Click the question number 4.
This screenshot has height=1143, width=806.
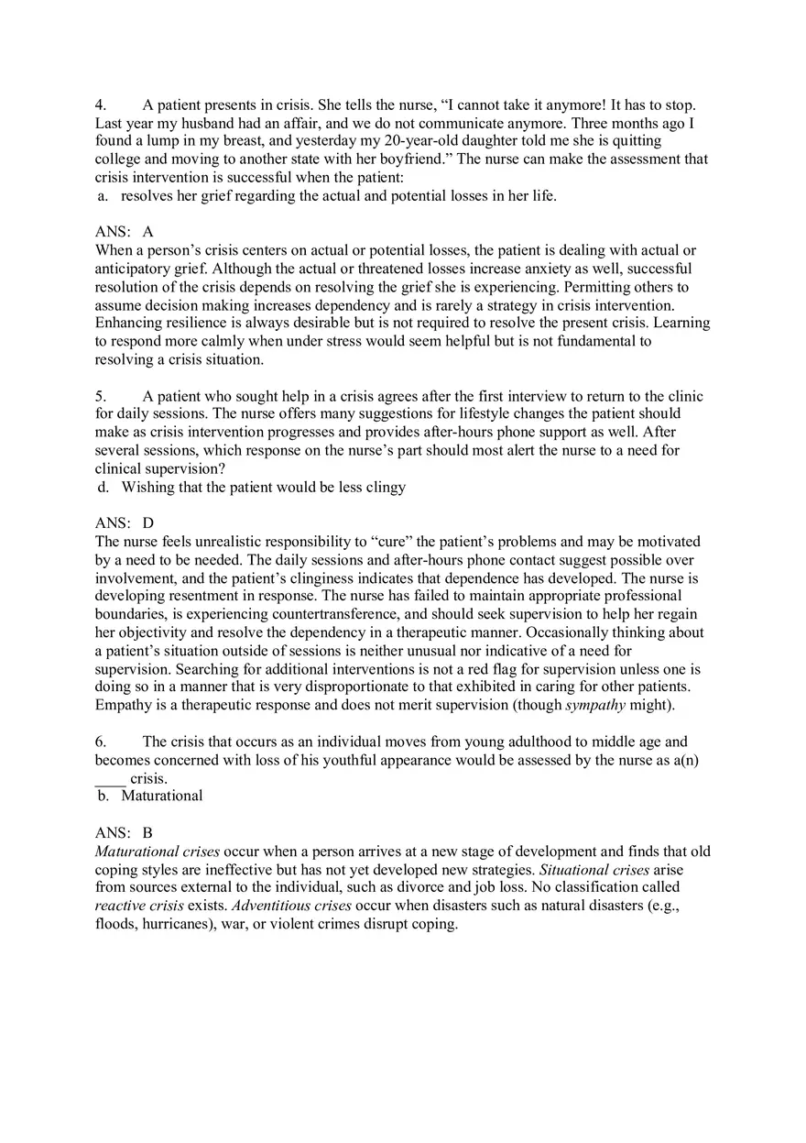[x=100, y=105]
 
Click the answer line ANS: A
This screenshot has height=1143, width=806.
[x=124, y=232]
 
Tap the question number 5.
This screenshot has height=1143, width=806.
[x=100, y=397]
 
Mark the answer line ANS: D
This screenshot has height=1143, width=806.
[x=124, y=523]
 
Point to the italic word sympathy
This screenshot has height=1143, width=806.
[x=594, y=705]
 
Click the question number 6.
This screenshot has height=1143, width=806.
[x=100, y=742]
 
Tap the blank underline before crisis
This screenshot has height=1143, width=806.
[x=110, y=778]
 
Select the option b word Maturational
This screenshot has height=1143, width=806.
[x=162, y=796]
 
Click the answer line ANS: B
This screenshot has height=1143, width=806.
[x=124, y=833]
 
